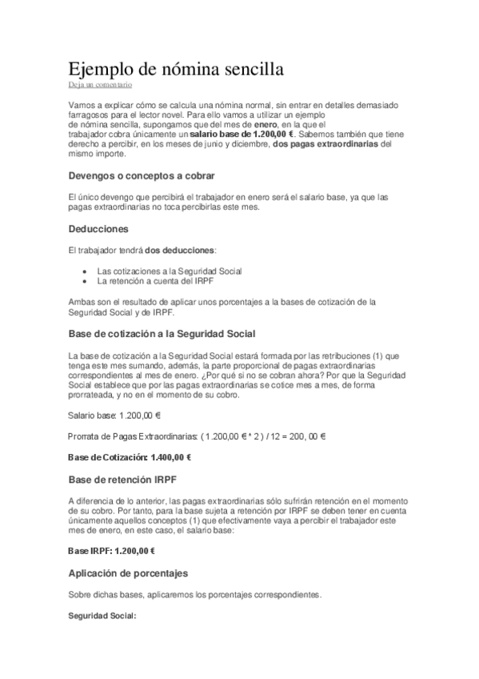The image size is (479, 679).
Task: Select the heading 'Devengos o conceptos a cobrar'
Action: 142,175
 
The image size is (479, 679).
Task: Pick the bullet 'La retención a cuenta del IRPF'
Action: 155,281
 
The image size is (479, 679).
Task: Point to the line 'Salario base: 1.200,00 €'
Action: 115,415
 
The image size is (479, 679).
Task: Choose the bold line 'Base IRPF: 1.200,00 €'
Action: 111,551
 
